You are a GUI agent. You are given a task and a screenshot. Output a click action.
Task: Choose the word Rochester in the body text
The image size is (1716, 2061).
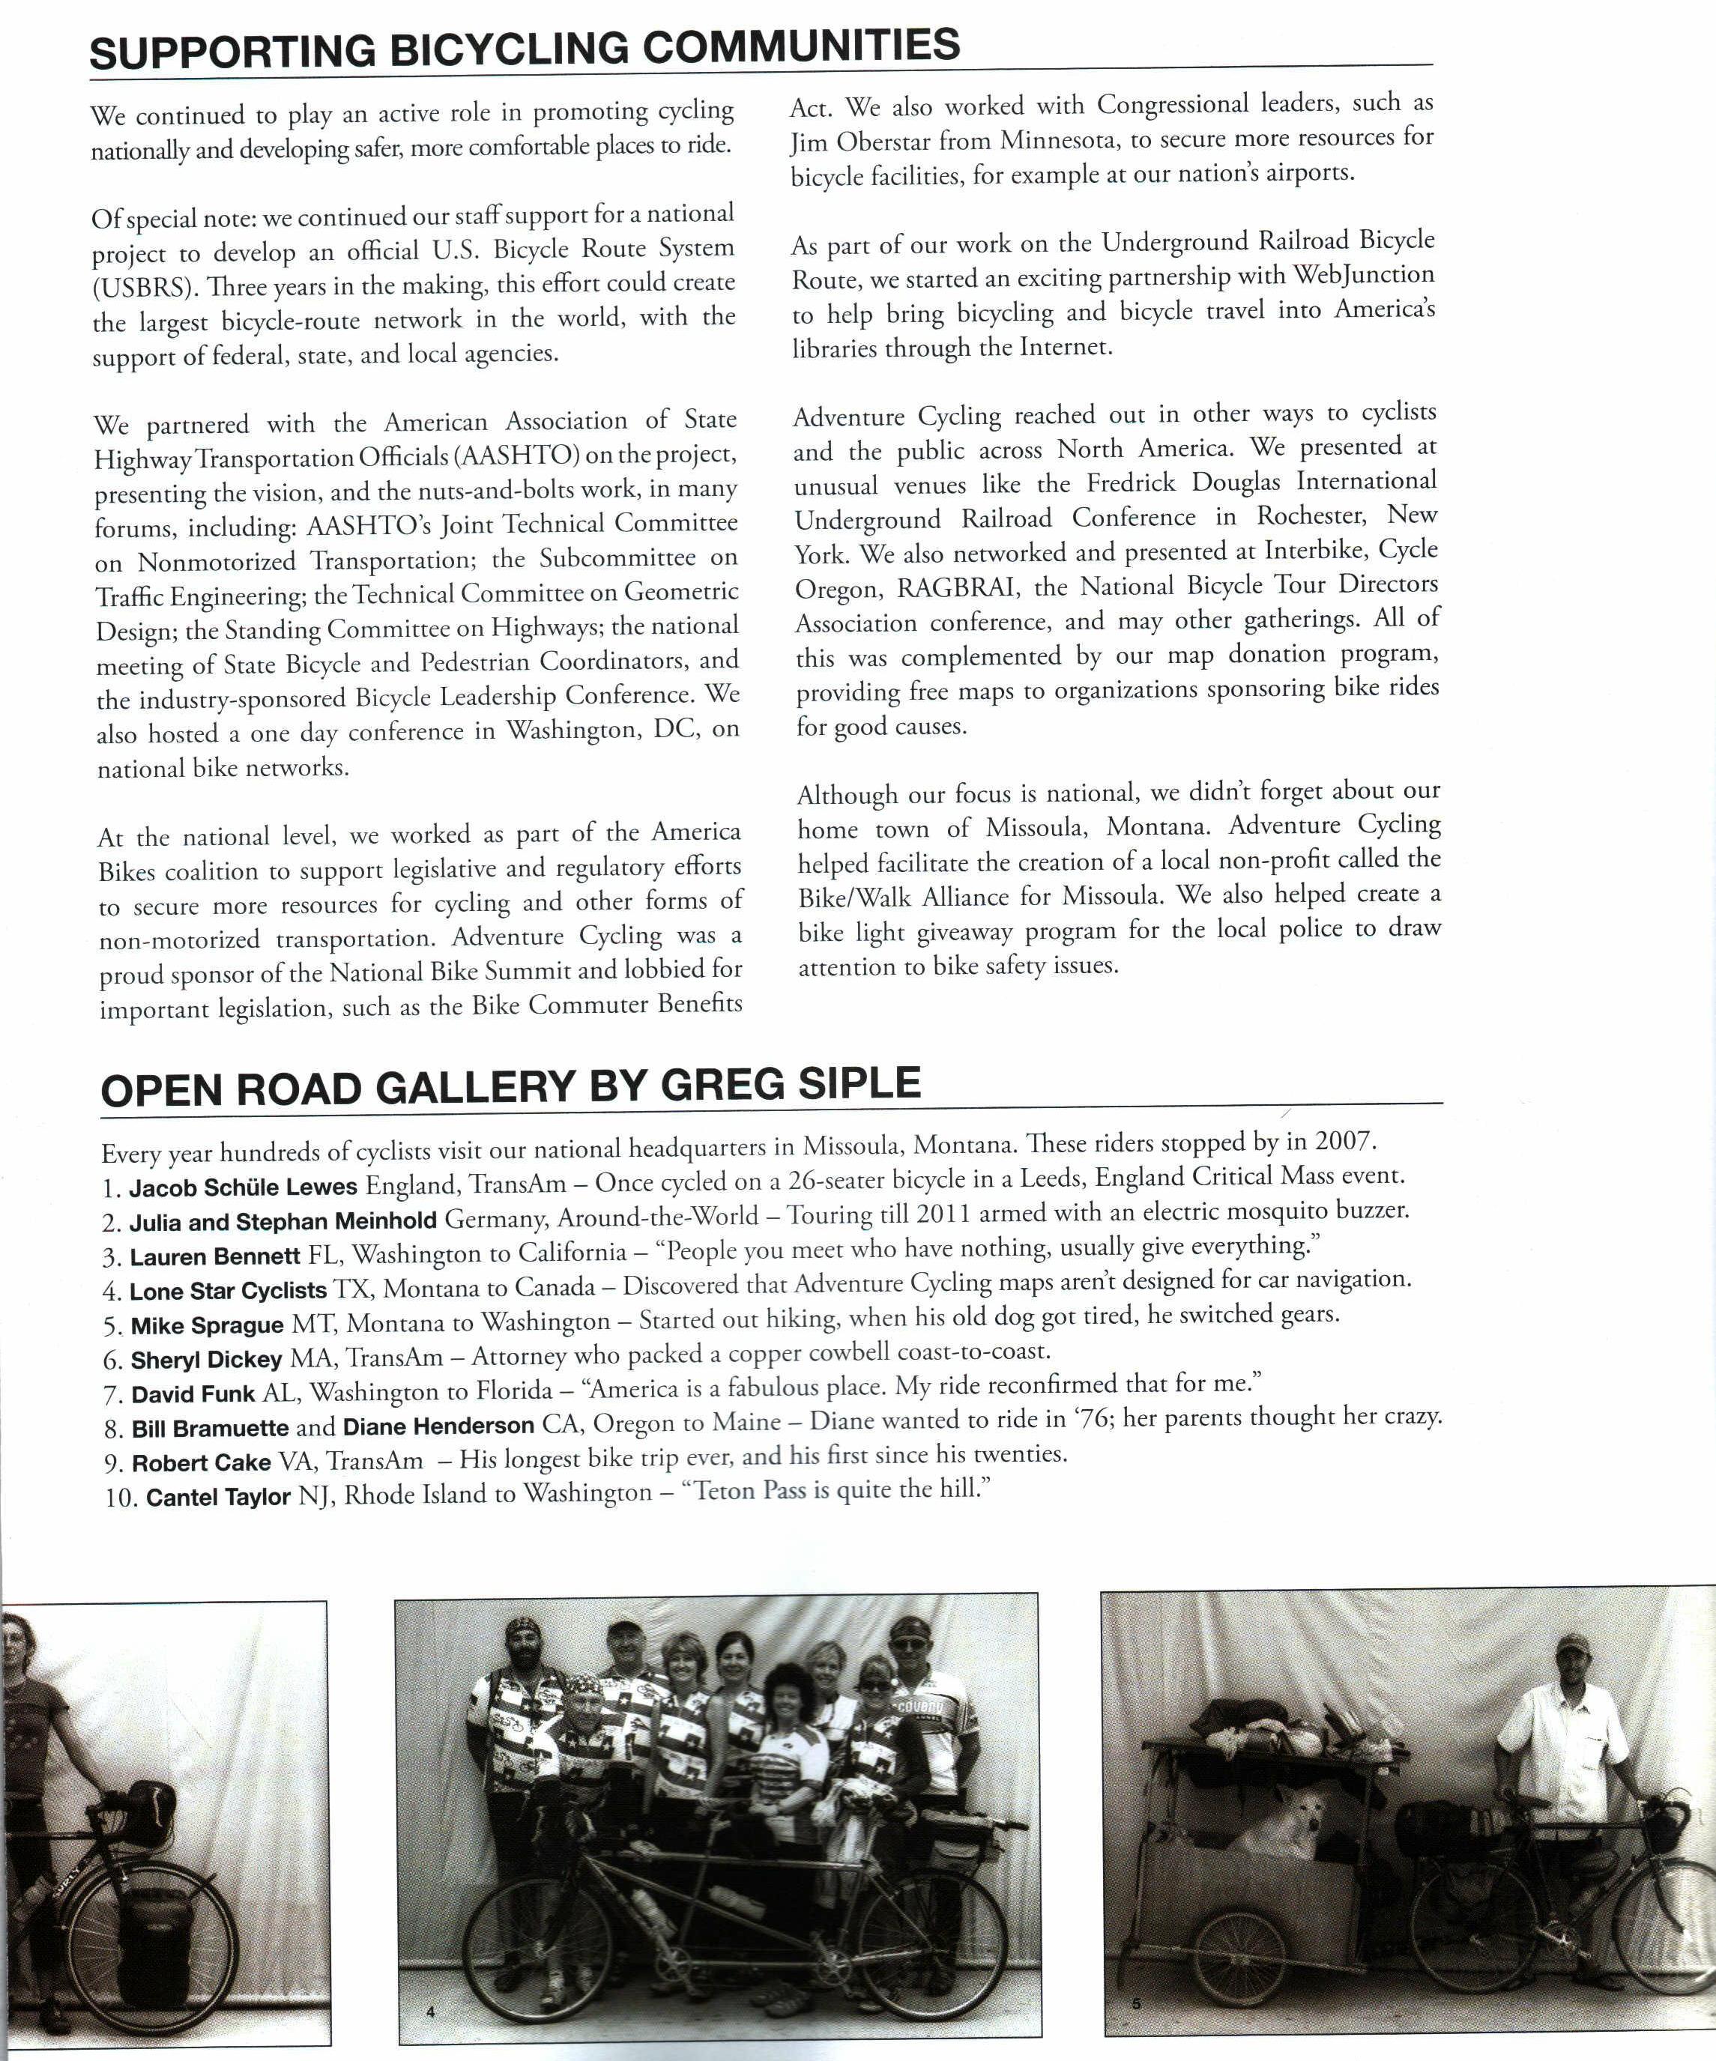click(x=1311, y=515)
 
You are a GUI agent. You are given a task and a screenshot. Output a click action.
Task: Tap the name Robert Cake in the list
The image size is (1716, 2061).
click(x=202, y=1462)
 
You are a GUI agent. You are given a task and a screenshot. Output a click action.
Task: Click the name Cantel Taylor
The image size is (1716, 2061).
click(x=218, y=1497)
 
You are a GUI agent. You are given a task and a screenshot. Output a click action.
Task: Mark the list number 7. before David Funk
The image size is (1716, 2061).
click(x=114, y=1395)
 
